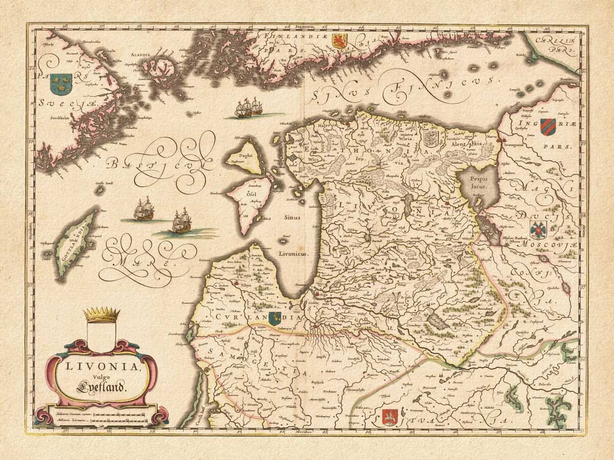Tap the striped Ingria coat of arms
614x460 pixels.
(x=547, y=126)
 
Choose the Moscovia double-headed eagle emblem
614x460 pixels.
(x=539, y=231)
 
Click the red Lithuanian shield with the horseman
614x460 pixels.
(x=389, y=417)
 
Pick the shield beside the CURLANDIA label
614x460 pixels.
(x=274, y=317)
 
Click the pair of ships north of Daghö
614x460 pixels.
(x=248, y=108)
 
